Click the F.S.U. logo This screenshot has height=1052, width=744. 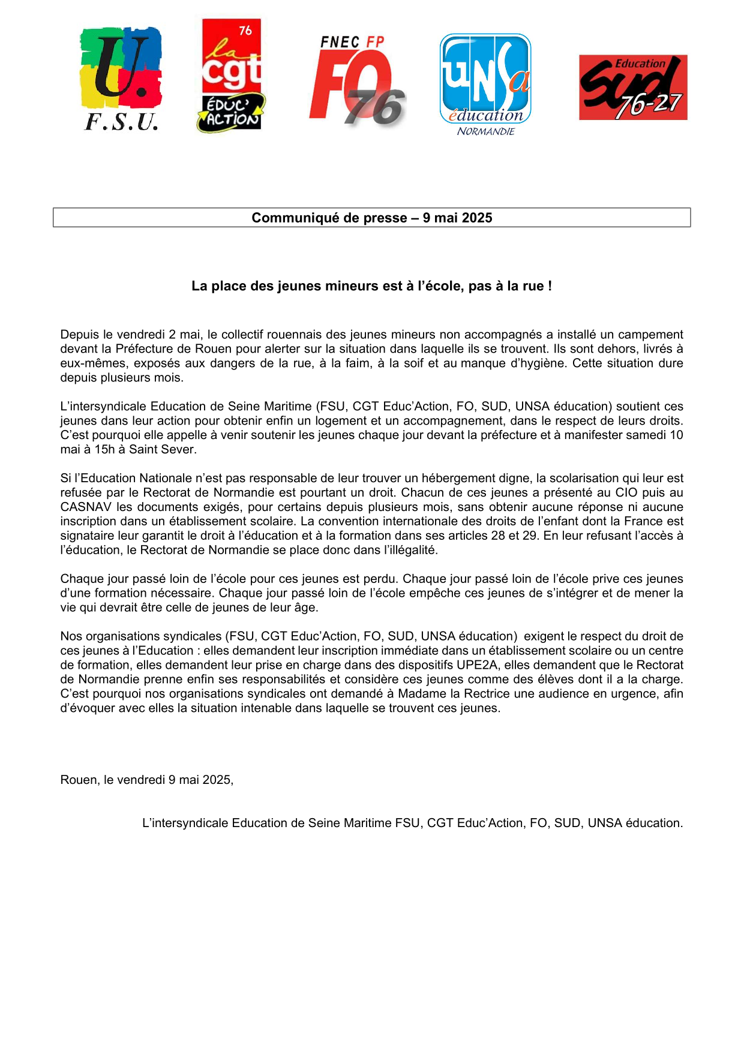[121, 78]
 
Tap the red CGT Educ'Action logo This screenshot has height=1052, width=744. [232, 75]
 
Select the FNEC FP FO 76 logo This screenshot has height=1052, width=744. [358, 81]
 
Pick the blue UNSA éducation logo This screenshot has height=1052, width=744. [485, 84]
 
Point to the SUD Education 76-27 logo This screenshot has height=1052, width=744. [633, 88]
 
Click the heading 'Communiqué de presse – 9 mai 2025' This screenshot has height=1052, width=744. [371, 218]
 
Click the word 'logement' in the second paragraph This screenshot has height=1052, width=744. [341, 421]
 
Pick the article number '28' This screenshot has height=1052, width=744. [498, 536]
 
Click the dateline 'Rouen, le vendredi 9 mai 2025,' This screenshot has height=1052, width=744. [147, 780]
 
